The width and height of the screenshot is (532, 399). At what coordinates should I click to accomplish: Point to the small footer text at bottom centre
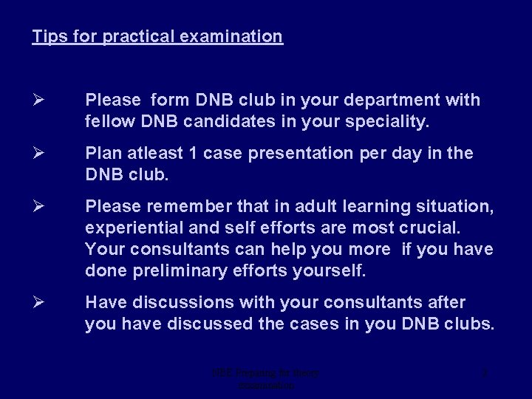(266, 379)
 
